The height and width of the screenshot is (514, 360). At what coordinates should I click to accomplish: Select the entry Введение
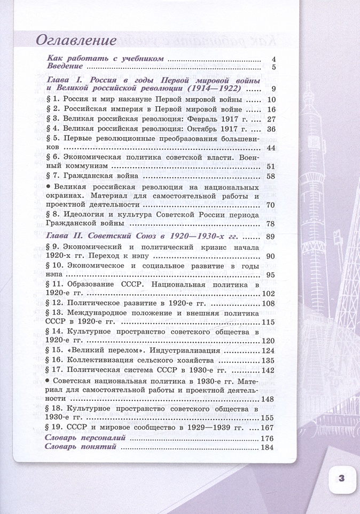(x=64, y=67)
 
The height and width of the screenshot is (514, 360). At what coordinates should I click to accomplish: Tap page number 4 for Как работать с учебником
(x=272, y=58)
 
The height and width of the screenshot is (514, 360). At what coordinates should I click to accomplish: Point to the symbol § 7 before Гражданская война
(x=52, y=176)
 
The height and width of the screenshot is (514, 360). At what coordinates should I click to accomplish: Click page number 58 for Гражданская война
(x=270, y=176)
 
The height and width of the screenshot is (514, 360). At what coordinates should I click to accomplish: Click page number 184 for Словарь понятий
(x=267, y=447)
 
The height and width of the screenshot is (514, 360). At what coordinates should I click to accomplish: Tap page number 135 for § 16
(x=267, y=360)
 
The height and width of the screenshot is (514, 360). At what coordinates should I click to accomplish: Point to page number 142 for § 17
(x=267, y=370)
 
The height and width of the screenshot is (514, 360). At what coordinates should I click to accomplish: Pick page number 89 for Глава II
(x=270, y=236)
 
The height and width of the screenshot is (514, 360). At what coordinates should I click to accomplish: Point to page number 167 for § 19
(x=267, y=428)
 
